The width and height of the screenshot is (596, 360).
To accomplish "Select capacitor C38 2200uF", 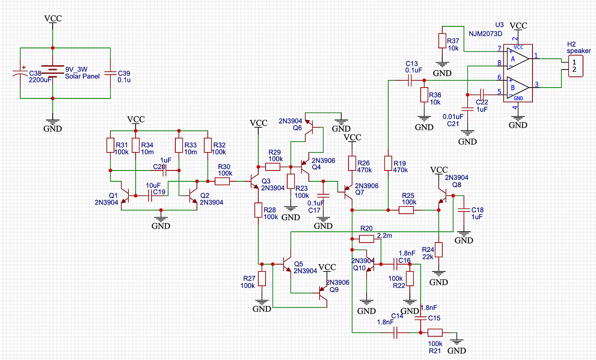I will coord(20,73).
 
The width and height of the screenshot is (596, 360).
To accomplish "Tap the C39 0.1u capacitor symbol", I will coord(111,73).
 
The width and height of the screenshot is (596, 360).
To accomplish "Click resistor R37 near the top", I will coord(442,41).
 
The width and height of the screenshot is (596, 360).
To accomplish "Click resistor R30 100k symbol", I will coord(222,181).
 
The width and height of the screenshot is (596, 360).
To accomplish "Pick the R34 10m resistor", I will coord(136,145).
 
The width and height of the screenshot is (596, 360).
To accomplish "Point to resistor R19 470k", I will coord(388,164).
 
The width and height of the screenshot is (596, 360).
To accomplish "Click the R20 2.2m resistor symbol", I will coord(366,239).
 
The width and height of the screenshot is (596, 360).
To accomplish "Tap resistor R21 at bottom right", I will coord(435,333).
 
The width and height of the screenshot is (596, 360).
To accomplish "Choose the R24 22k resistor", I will coord(439,249).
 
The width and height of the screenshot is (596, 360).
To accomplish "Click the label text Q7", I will coord(359,192).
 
